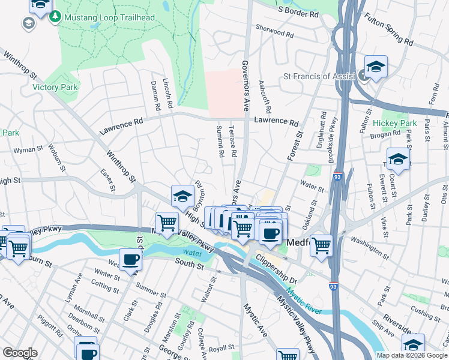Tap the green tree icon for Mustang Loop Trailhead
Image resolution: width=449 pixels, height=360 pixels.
55,17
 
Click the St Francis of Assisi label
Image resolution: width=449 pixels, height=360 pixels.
320,76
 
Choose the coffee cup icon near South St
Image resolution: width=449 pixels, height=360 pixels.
130,260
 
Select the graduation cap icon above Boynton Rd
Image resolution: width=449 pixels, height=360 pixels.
182,196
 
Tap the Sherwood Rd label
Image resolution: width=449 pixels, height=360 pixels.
274,31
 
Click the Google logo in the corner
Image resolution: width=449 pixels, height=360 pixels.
20,353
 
